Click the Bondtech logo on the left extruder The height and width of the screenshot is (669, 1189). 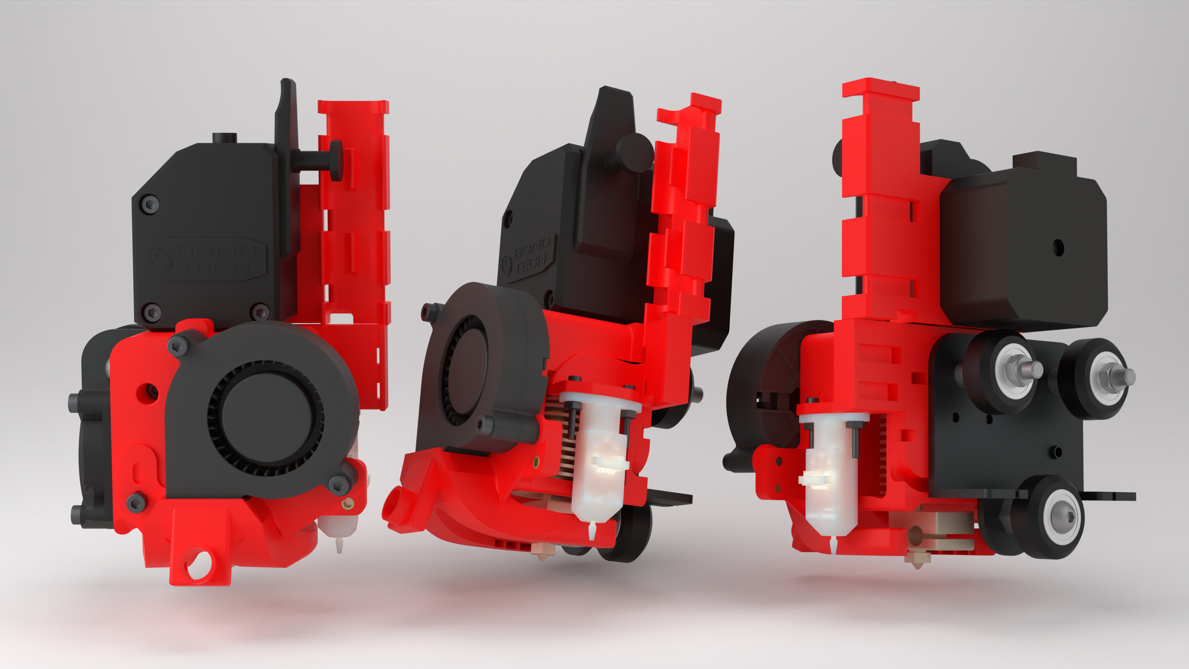point(207,259)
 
